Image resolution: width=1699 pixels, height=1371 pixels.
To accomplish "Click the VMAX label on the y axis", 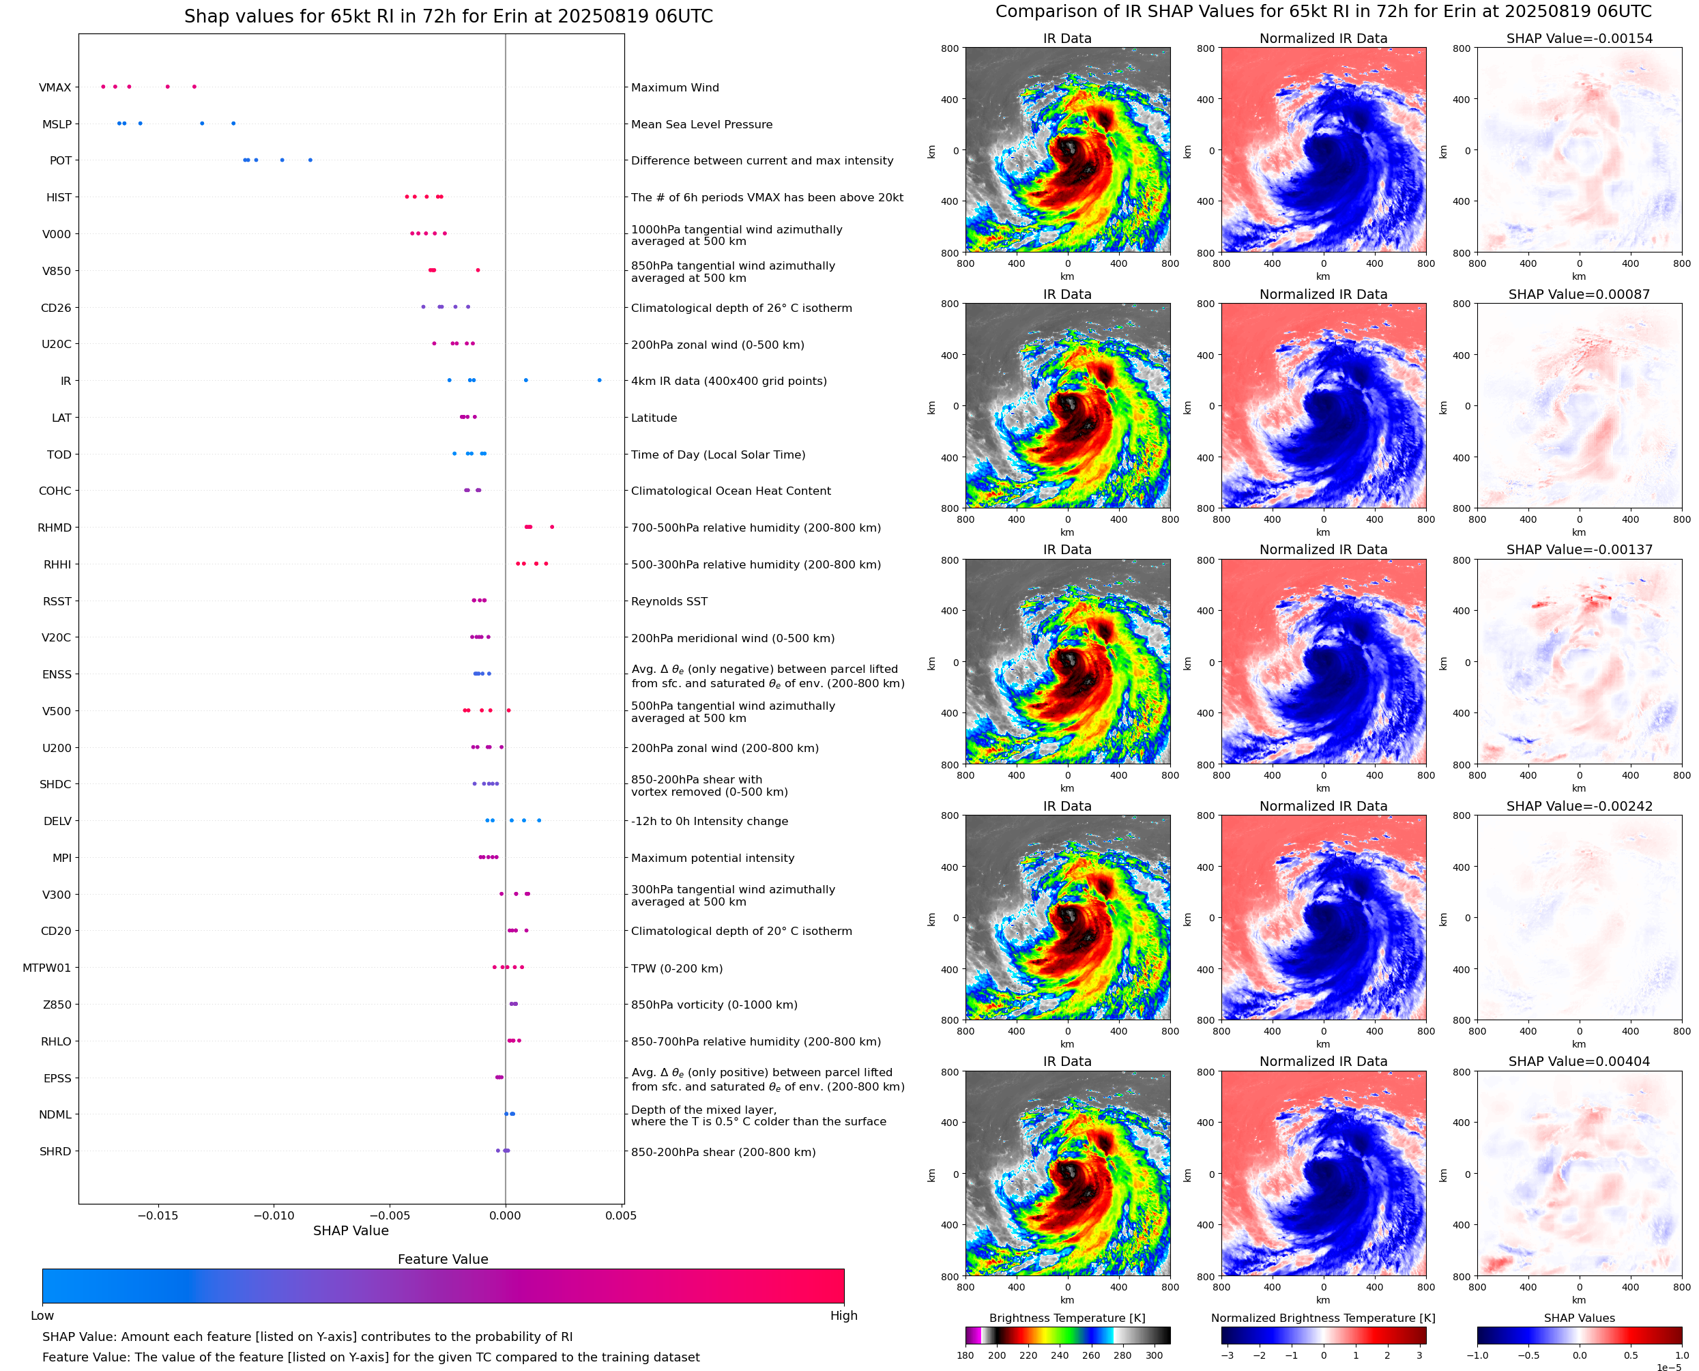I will point(55,87).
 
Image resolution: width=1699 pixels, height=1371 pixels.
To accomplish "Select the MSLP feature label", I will point(56,124).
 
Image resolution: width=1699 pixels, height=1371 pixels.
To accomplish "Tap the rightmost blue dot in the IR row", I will point(599,381).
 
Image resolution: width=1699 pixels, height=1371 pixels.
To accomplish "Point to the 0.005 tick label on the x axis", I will point(620,1215).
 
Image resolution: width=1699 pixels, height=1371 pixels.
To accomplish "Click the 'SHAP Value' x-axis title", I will point(351,1230).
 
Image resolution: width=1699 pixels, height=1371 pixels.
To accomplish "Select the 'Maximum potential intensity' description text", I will point(712,858).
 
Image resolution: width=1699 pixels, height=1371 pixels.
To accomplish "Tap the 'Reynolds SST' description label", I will point(669,601).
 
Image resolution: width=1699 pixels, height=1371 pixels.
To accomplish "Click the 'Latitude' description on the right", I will point(654,418).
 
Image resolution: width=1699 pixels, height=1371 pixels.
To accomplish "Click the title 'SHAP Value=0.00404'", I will point(1578,1061).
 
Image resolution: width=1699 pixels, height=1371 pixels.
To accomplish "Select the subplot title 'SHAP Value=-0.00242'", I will point(1578,807).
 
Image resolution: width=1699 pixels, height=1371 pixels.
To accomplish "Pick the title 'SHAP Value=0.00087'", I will point(1578,295).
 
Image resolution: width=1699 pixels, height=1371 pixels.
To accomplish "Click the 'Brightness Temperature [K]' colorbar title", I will point(1066,1318).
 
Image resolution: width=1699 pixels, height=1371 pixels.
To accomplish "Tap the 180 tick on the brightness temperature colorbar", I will point(965,1355).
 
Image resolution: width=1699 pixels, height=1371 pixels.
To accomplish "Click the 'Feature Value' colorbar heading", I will point(443,1259).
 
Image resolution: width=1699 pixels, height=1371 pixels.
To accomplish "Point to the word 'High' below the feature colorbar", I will point(843,1316).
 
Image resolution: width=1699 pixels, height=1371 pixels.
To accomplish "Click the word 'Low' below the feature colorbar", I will point(42,1316).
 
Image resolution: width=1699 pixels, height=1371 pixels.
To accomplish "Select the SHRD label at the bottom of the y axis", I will point(55,1151).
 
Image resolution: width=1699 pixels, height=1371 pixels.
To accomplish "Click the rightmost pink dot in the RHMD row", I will point(552,527).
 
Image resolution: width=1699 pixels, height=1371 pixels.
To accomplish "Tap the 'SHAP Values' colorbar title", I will point(1578,1318).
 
